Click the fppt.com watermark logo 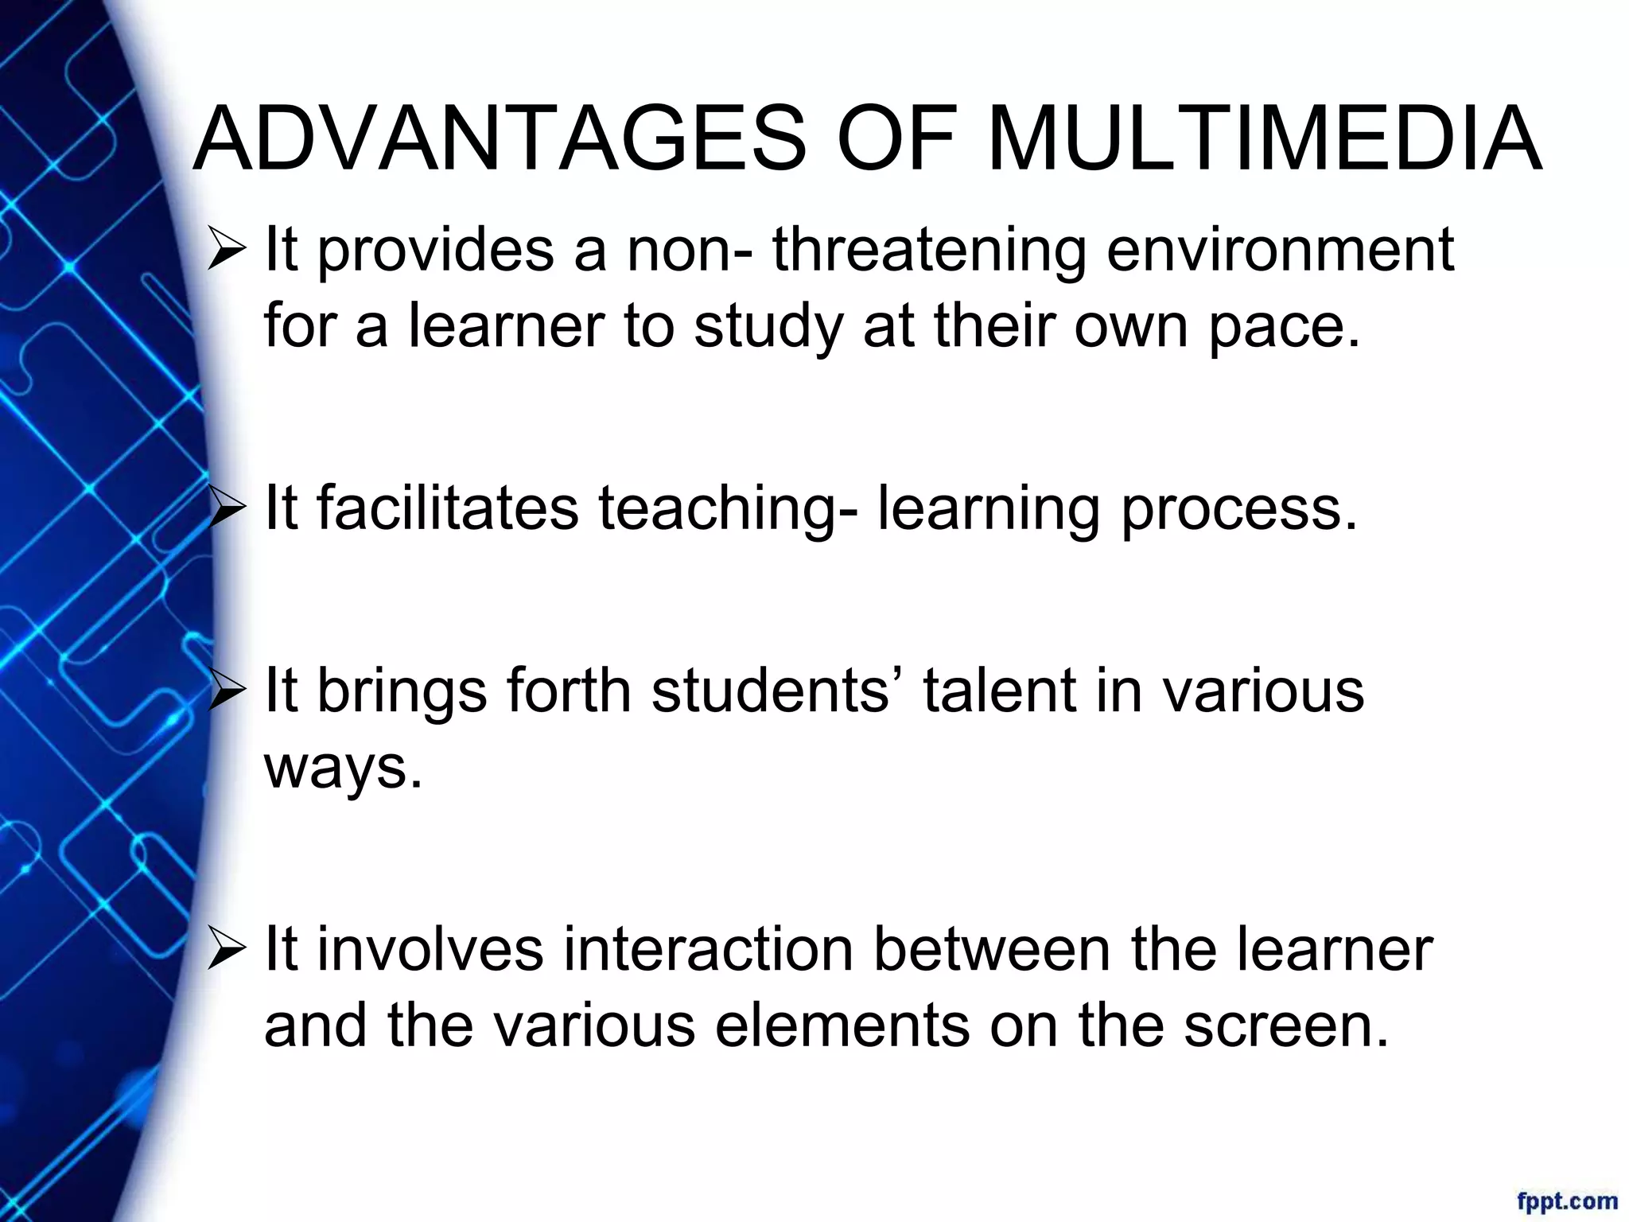(1567, 1199)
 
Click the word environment (1280, 250)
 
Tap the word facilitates (448, 508)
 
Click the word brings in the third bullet (402, 691)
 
